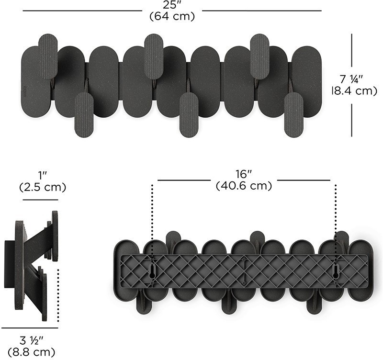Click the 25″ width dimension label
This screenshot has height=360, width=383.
(x=172, y=5)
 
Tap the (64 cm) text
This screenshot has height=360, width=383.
(x=172, y=16)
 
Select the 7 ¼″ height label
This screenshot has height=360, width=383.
(x=351, y=79)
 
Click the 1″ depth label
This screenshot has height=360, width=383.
(x=43, y=175)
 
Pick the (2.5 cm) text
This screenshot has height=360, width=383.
(x=43, y=187)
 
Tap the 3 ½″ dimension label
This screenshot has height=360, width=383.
(x=32, y=340)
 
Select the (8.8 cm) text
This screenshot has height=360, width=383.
(x=32, y=352)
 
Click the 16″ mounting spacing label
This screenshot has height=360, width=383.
(x=244, y=174)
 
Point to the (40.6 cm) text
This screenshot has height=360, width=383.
(x=244, y=186)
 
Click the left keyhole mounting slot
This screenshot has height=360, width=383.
(x=152, y=271)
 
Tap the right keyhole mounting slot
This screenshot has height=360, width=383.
(x=336, y=271)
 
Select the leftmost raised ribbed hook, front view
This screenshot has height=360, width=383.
(x=48, y=56)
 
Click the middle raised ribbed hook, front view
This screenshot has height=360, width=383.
(x=154, y=56)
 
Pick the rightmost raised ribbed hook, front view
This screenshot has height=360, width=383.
(x=259, y=56)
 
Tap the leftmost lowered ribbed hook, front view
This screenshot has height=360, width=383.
(x=84, y=115)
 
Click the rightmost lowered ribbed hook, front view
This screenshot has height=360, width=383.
(x=294, y=115)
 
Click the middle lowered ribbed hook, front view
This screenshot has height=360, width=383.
(x=189, y=115)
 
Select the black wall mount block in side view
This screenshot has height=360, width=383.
(x=10, y=264)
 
